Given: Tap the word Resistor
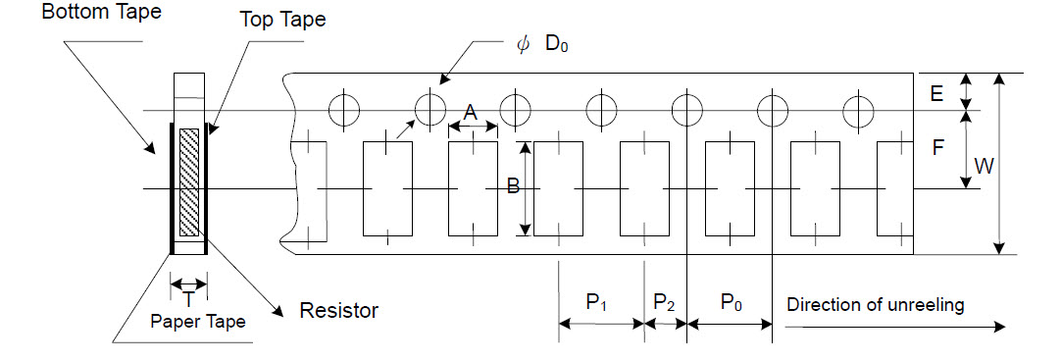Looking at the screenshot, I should point(338,311).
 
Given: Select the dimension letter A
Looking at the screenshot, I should point(469,114).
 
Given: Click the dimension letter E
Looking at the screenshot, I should point(936,93).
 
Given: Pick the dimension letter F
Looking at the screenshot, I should point(937,148).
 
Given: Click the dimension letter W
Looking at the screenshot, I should point(981,166).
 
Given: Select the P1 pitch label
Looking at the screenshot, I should point(598,303).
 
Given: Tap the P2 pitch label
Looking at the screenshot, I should point(664,303).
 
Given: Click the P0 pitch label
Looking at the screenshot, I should point(731,303).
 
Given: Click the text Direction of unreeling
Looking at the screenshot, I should point(875,304).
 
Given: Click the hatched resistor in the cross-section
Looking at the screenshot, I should point(189,182).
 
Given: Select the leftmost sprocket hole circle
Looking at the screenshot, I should point(344,110).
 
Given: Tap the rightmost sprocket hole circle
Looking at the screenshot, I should point(860,110).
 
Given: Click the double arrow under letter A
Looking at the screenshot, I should point(473,129).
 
